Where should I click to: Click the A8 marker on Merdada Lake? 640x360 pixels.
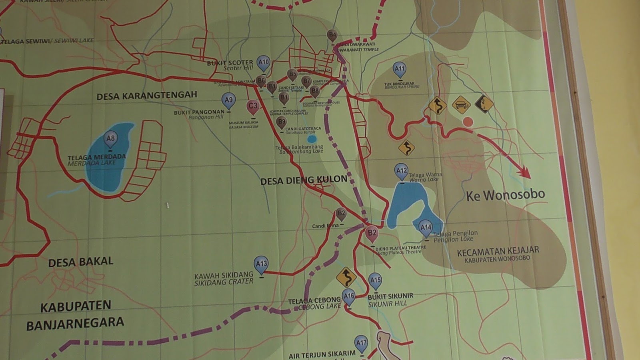coord(110,139)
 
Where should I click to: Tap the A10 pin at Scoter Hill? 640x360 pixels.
coord(263,63)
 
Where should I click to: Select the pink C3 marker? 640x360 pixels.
coord(253,106)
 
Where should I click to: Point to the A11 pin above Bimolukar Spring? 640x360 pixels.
coord(399,69)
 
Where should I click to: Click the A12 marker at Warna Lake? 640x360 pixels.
coord(401,171)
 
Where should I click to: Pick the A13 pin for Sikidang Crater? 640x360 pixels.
coord(261,264)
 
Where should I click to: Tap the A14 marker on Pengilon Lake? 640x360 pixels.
coord(426,228)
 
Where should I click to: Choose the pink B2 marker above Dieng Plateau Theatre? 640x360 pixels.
coord(372,233)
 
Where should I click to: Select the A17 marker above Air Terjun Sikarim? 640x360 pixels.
coord(361,343)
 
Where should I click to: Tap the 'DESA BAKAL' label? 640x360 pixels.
coord(81,262)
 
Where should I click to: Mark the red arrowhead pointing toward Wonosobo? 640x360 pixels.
coord(524,173)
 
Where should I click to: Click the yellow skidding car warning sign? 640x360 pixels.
coord(461,105)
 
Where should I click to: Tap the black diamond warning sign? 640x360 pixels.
coord(484,104)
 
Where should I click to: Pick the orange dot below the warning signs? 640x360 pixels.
coord(468,122)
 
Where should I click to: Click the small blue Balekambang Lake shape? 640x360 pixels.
coord(312,139)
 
